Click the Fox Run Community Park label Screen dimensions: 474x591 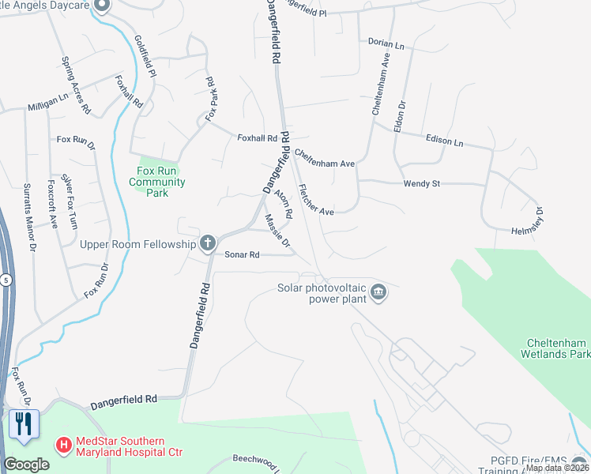click(x=156, y=182)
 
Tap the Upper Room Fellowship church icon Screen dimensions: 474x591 click(x=208, y=243)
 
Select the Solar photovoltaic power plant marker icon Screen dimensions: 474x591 click(x=378, y=293)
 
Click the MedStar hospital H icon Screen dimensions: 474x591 click(x=62, y=446)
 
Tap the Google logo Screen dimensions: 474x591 click(x=26, y=465)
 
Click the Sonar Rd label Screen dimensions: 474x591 click(x=243, y=254)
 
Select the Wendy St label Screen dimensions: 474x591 click(x=421, y=183)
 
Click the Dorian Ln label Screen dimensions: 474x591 click(x=386, y=44)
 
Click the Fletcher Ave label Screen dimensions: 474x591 click(x=315, y=201)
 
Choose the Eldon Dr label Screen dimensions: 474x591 click(x=401, y=116)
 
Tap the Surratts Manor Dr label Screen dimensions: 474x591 click(x=29, y=217)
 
